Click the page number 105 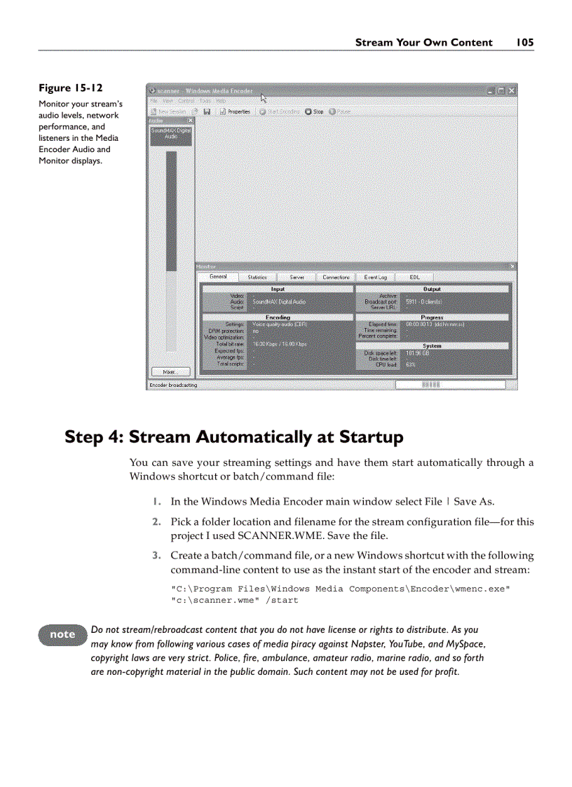[x=525, y=43]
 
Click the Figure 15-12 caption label [x=70, y=88]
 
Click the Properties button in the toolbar [x=236, y=111]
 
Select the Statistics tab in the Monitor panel [x=257, y=278]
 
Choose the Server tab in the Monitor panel [x=297, y=278]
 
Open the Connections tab [x=336, y=278]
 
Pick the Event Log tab [x=375, y=278]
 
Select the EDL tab [x=414, y=278]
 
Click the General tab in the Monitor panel [x=218, y=277]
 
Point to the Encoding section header [x=278, y=317]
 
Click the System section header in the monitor [x=432, y=345]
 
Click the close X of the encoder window [x=512, y=91]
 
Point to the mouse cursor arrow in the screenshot [x=264, y=99]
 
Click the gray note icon [x=62, y=634]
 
